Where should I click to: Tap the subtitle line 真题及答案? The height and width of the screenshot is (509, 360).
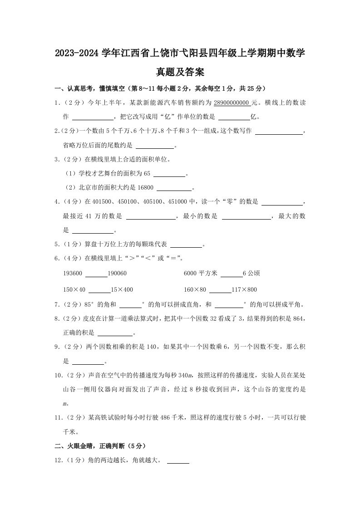pos(180,72)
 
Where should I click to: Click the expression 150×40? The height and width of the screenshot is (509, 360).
pos(74,290)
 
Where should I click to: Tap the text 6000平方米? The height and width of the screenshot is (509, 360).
pos(201,274)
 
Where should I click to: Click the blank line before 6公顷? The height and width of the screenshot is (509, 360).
pos(231,275)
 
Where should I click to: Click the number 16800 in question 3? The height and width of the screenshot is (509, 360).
pos(145,188)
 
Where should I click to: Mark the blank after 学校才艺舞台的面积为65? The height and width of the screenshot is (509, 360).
pos(170,175)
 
